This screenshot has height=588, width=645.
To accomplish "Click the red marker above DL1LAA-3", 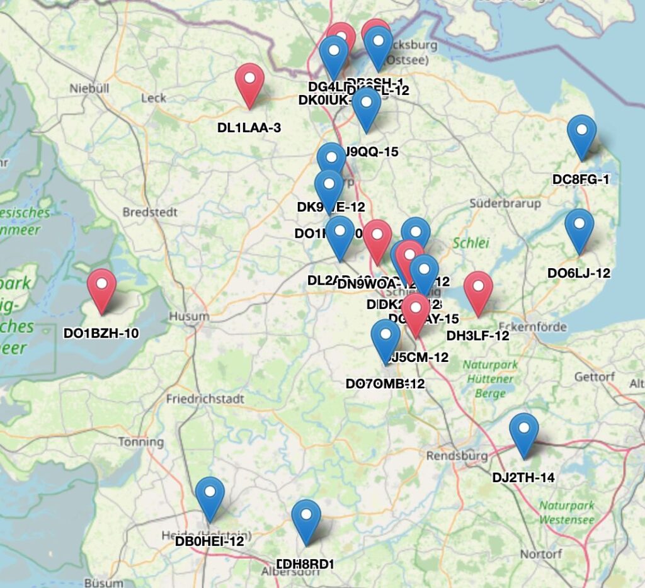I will tap(250, 84).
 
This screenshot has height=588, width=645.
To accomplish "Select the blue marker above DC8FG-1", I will tap(581, 136).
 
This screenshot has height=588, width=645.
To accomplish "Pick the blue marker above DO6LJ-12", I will tap(579, 229).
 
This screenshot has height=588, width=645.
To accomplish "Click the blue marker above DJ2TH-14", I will tap(523, 434).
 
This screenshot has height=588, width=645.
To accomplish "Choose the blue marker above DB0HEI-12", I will tap(210, 497).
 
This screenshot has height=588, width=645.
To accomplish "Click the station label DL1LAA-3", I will tap(249, 128).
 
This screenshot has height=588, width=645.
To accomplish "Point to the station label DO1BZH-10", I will tap(101, 333).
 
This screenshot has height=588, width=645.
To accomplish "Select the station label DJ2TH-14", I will tap(523, 478).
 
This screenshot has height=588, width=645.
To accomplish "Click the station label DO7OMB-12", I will tap(385, 383).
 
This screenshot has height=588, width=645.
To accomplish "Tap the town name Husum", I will tap(188, 316).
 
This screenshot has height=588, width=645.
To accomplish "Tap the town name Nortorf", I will tap(545, 554).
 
